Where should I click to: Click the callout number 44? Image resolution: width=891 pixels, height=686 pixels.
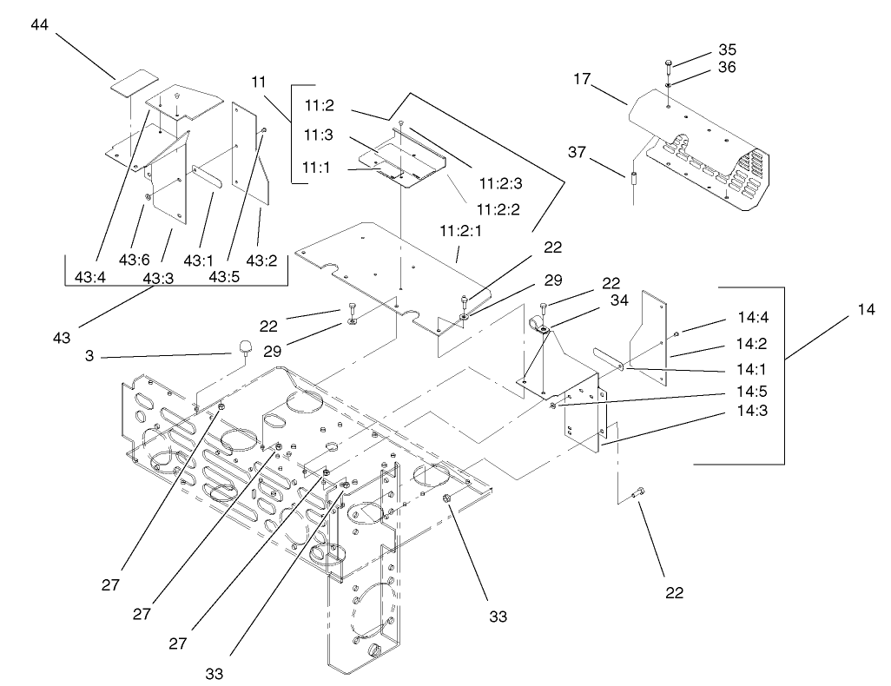(x=40, y=25)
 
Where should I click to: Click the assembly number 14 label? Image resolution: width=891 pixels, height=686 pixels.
(x=866, y=309)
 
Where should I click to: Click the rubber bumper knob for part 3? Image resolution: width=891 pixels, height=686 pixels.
(x=244, y=349)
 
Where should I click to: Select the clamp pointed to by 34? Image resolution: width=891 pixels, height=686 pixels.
(x=538, y=327)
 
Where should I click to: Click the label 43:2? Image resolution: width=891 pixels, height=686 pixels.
(x=261, y=260)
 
